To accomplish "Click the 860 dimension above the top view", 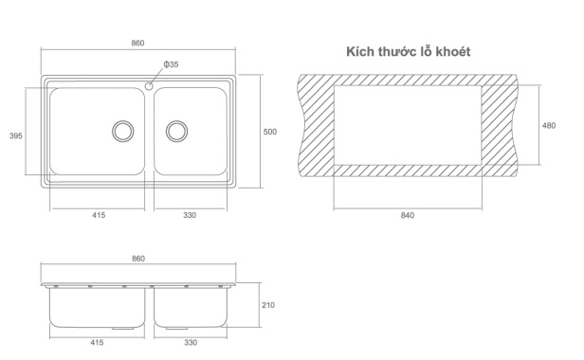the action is [137, 43].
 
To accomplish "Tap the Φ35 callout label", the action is [171, 64].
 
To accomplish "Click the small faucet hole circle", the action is [149, 86].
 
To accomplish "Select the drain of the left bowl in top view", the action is [123, 131].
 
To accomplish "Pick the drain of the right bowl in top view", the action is [176, 131].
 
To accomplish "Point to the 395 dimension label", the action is [15, 135].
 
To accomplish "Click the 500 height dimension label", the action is [270, 132].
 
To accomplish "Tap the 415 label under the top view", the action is [99, 215].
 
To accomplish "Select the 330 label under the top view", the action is [190, 215].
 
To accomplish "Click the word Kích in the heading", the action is [360, 51].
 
